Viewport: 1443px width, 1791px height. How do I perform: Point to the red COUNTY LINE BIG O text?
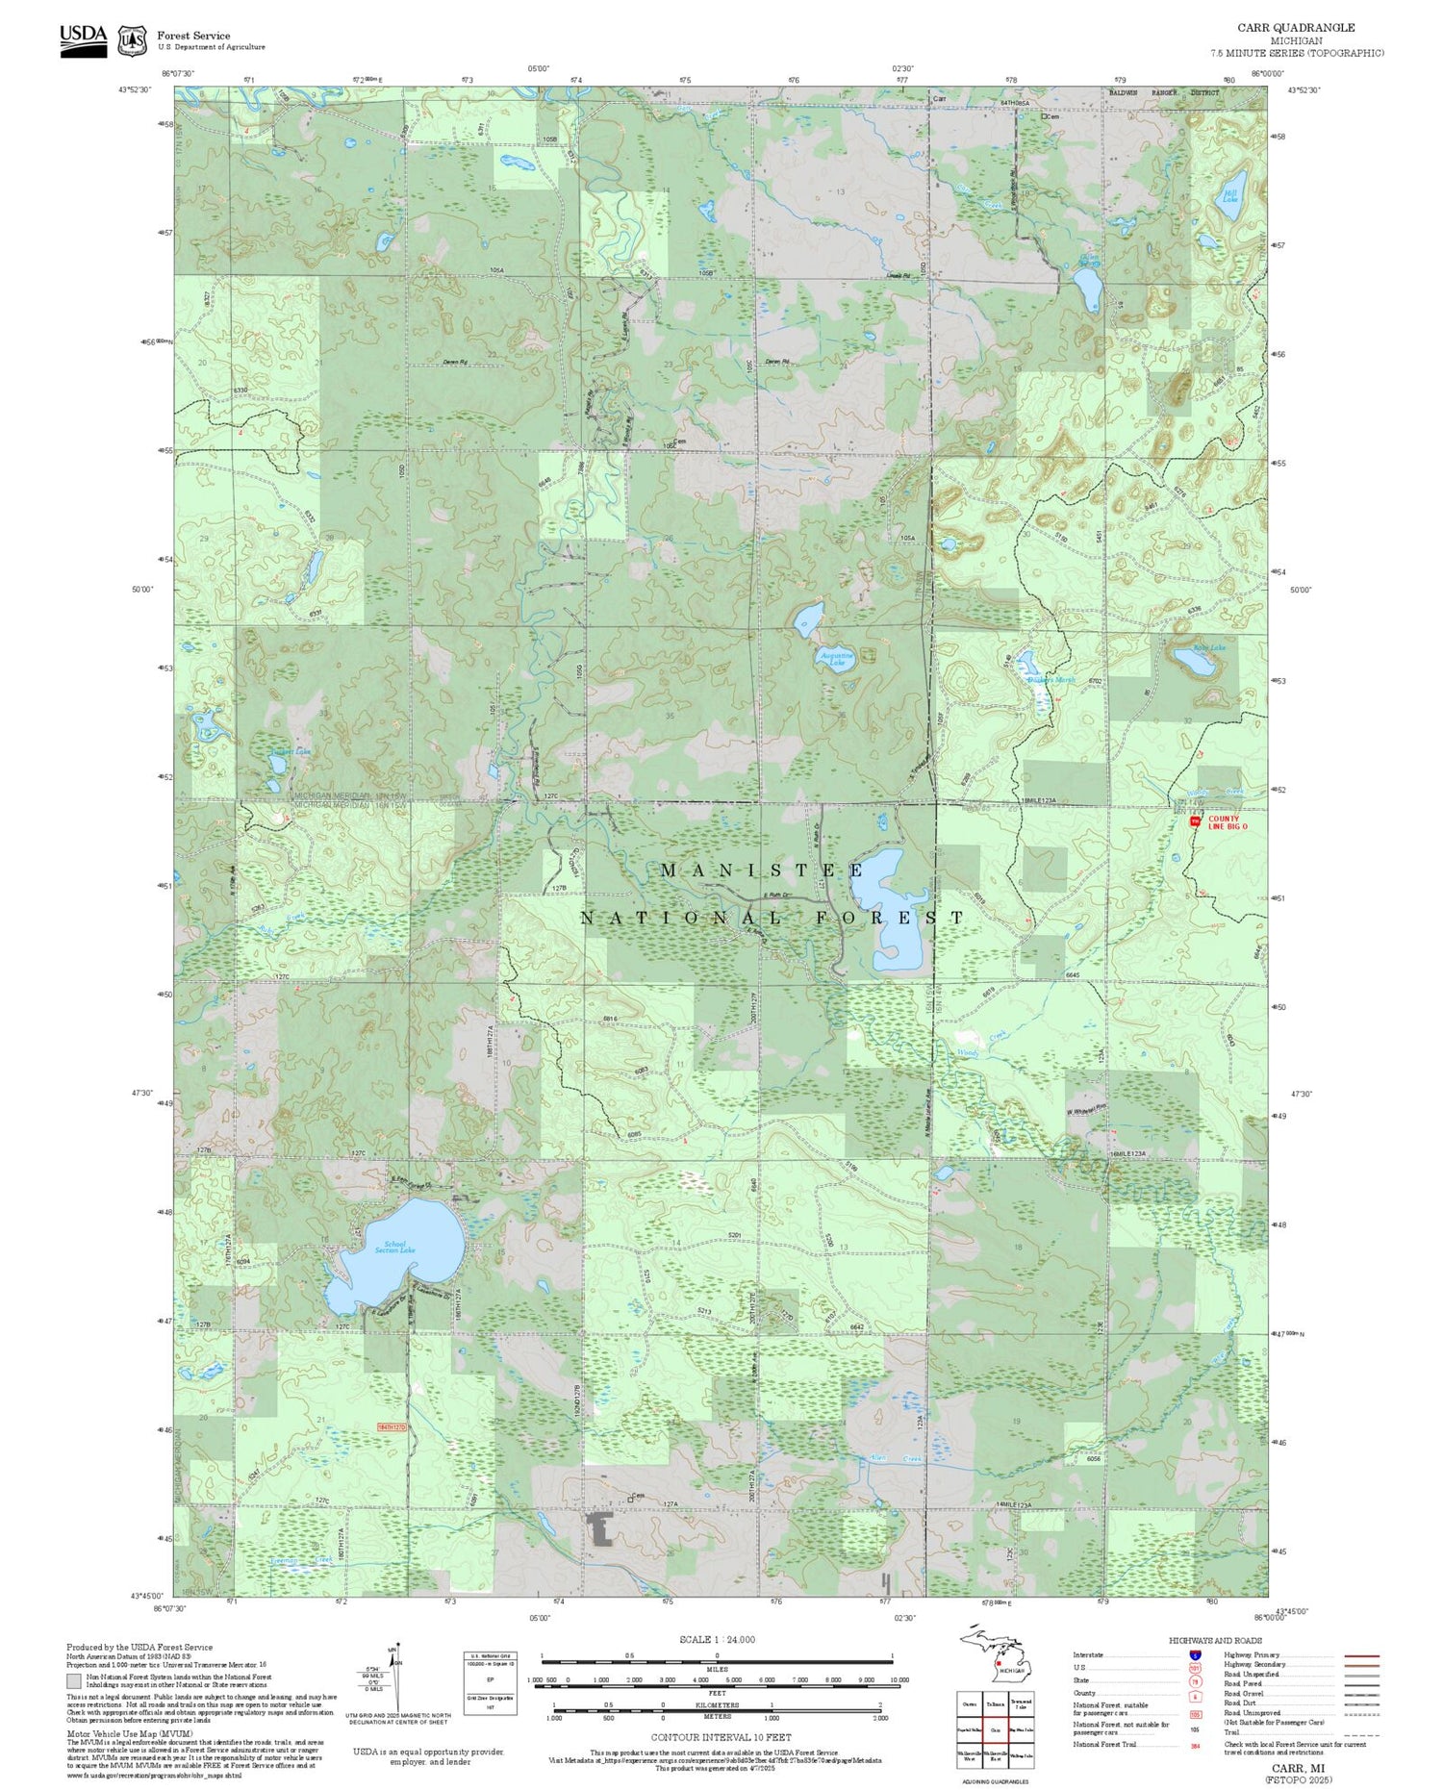(1227, 822)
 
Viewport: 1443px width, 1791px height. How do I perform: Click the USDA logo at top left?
(83, 38)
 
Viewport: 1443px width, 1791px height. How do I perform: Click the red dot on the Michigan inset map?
(998, 1663)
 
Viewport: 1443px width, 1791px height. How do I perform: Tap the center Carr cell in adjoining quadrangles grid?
(996, 1728)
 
